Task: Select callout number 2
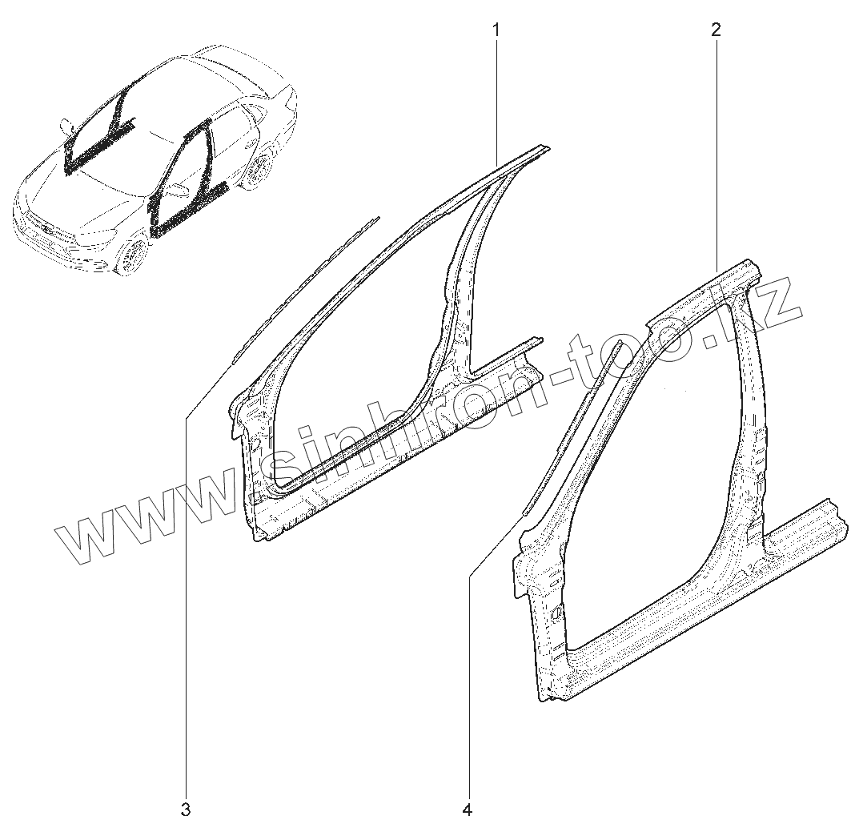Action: (x=715, y=30)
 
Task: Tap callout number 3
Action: (x=185, y=810)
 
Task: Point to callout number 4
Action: (x=467, y=810)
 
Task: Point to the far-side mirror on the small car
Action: (x=64, y=126)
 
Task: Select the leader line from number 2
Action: (x=716, y=144)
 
